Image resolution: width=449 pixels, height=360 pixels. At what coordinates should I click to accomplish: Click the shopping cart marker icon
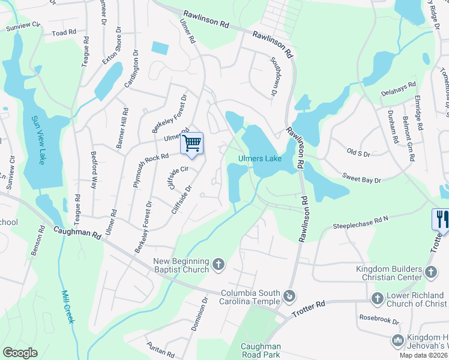click(191, 143)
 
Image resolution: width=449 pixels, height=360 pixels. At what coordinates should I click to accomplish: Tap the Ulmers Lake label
click(259, 159)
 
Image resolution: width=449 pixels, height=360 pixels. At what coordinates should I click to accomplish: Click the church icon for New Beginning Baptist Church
click(219, 263)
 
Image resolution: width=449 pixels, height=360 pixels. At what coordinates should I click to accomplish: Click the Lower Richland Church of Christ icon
click(378, 298)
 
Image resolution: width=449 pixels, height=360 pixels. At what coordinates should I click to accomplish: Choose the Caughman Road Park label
click(261, 351)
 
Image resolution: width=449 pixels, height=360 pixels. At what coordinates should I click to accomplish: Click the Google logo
click(20, 353)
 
